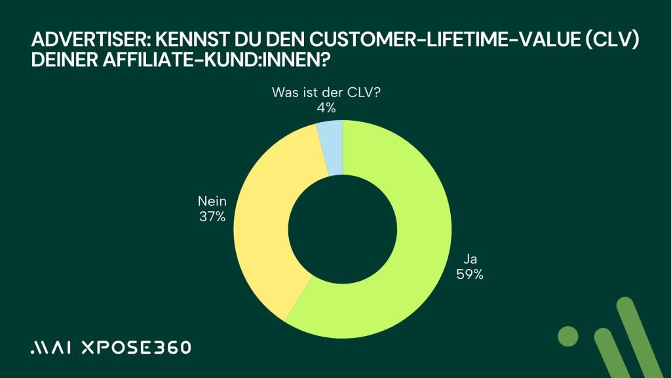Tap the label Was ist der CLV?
click(x=326, y=93)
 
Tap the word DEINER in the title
click(x=64, y=64)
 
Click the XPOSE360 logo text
click(x=135, y=347)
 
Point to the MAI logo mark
click(x=51, y=348)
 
